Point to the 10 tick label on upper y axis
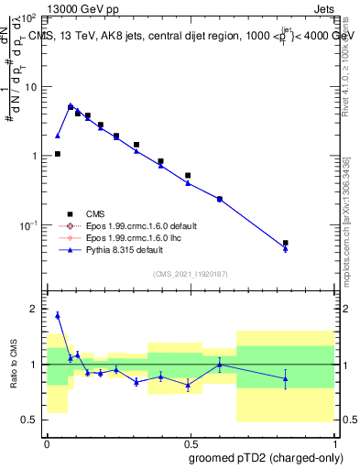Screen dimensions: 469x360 pos(33,86)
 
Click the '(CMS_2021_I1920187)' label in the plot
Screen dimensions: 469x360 pos(190,273)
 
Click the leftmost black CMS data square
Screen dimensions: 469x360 pos(58,154)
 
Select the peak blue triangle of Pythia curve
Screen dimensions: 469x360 pos(71,105)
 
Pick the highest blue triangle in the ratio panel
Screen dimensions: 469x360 pos(58,315)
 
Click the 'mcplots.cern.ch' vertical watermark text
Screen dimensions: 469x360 pos(345,247)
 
